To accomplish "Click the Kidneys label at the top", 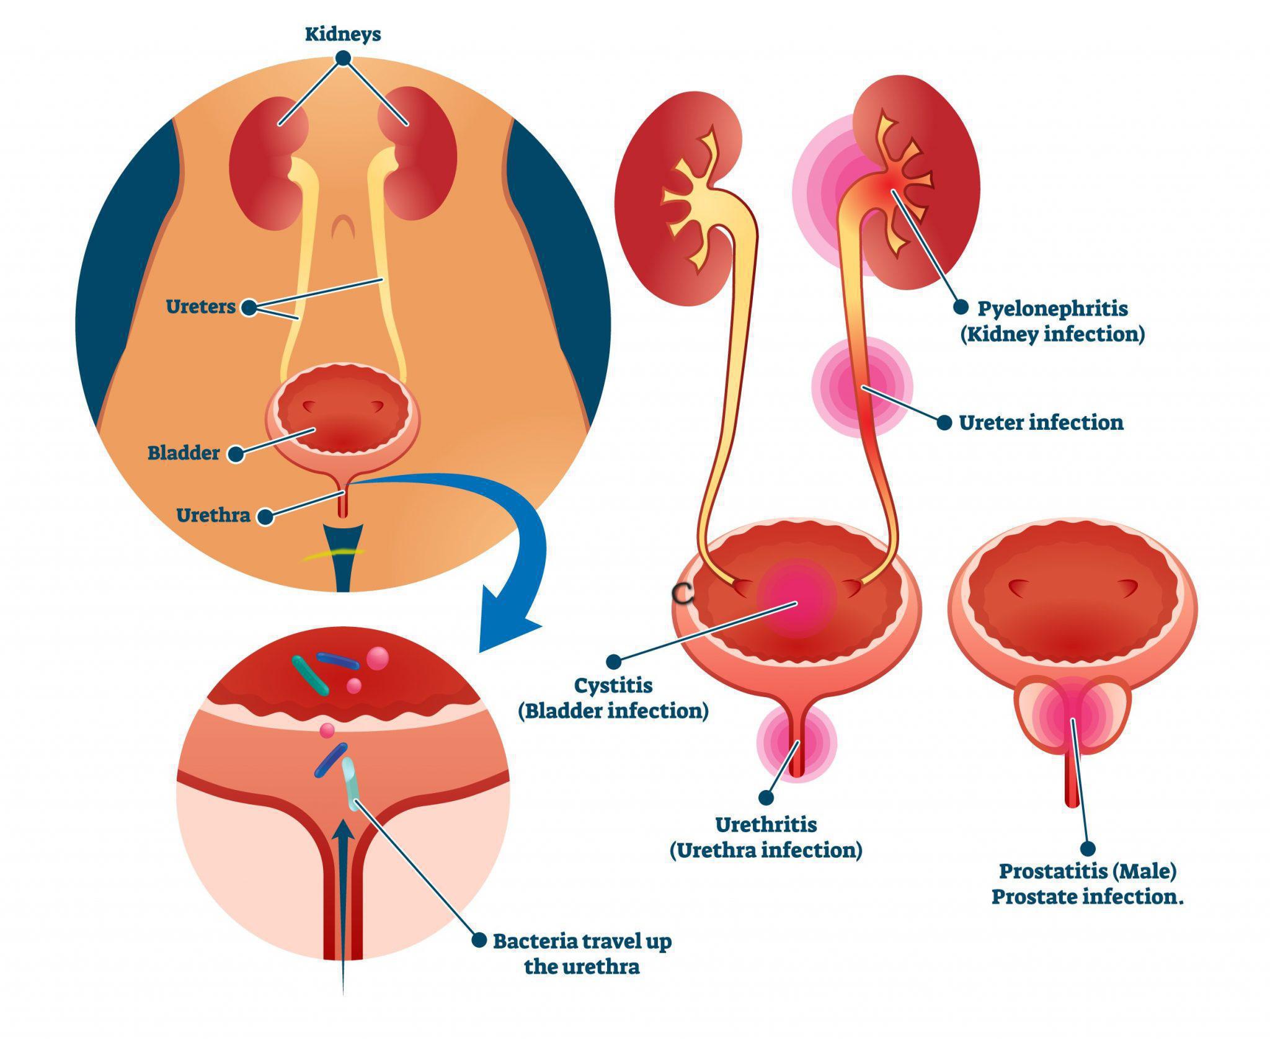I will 342,34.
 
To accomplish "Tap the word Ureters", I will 200,306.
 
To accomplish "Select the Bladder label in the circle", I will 184,453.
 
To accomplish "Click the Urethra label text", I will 213,515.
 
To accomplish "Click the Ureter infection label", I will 1041,423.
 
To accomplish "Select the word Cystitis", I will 613,685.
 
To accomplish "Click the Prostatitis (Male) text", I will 1088,871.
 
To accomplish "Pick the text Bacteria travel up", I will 582,941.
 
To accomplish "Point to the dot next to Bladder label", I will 236,454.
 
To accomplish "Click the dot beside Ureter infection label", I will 944,423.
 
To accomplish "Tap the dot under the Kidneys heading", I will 343,58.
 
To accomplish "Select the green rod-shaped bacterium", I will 309,675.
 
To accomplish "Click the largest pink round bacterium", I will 378,657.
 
